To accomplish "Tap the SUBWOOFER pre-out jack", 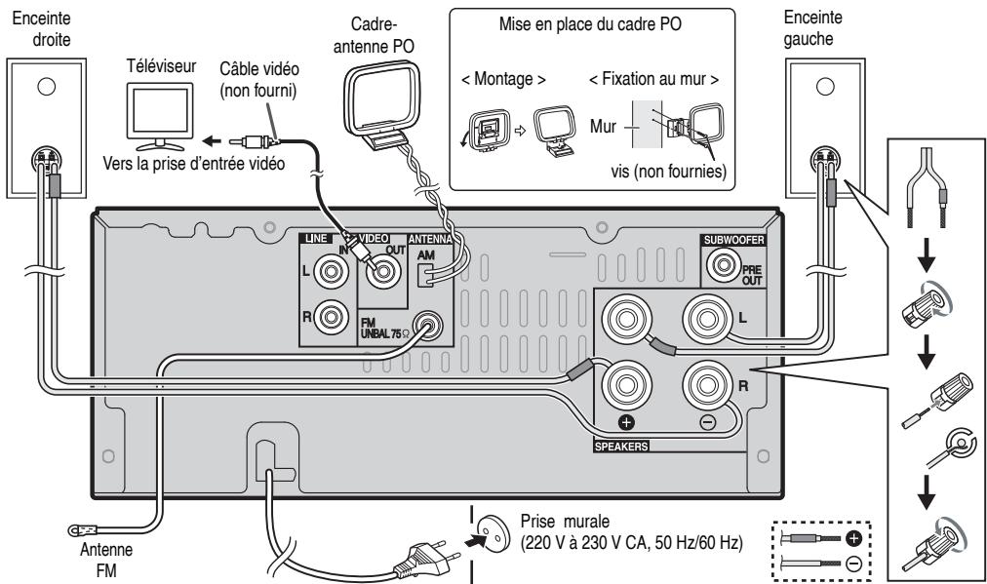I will pos(725,263).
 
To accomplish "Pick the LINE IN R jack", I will pos(333,317).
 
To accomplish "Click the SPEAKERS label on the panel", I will pos(621,445).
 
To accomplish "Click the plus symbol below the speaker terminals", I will pos(627,422).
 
